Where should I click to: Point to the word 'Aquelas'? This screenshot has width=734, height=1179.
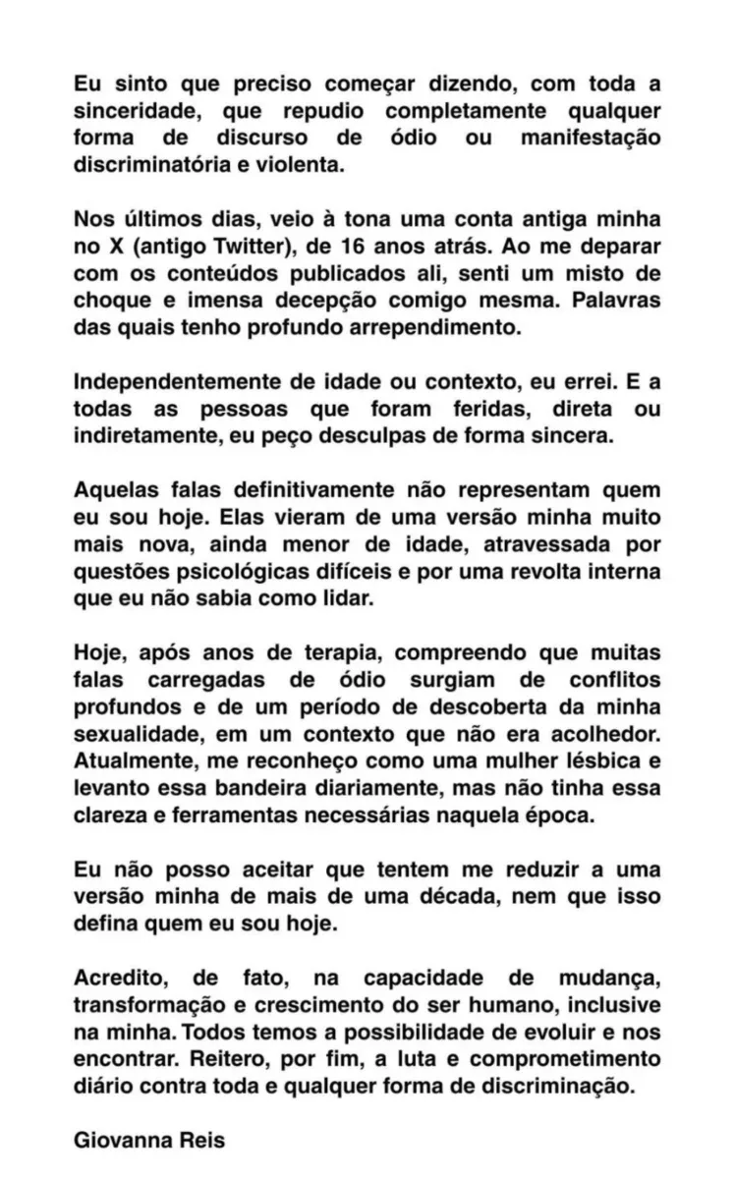(x=116, y=489)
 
